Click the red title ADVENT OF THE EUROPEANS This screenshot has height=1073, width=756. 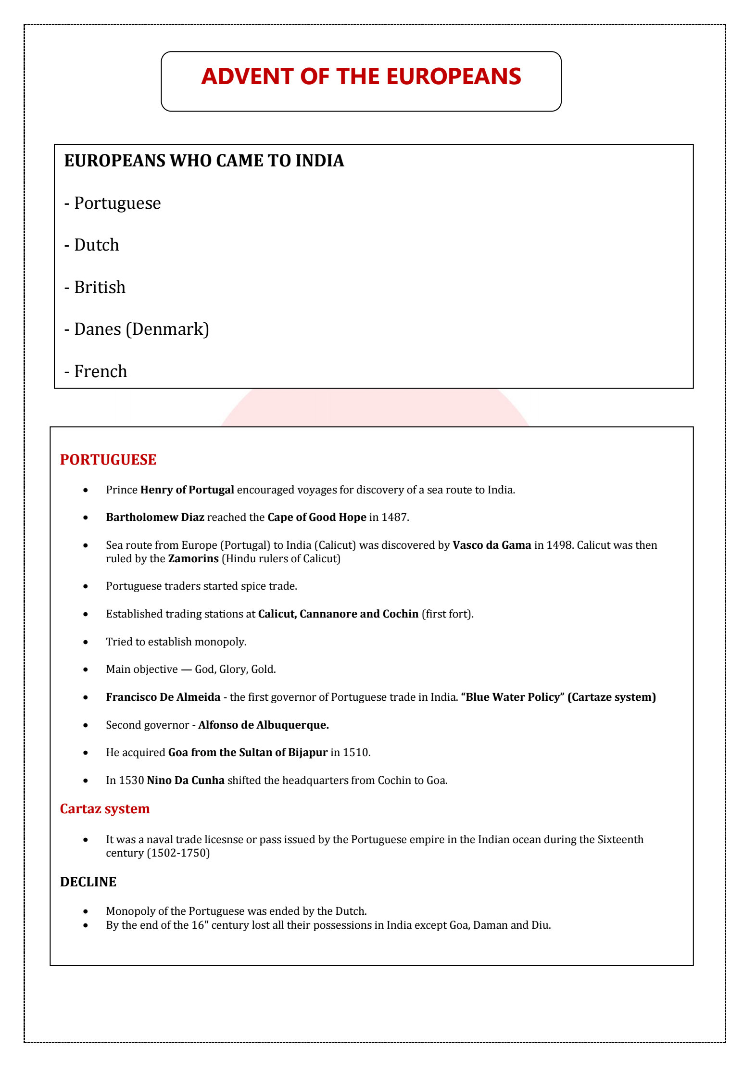(x=361, y=77)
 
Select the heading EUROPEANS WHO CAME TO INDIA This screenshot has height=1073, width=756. (x=204, y=161)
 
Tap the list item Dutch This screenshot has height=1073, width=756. (x=96, y=245)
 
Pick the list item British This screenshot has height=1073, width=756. (x=100, y=287)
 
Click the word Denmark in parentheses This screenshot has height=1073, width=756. (x=167, y=329)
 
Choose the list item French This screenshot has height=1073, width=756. (x=101, y=371)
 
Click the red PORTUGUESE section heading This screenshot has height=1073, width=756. (x=108, y=460)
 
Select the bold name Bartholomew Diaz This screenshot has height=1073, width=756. (x=155, y=518)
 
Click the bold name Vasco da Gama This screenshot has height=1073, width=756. (x=491, y=545)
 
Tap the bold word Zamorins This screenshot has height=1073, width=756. (x=193, y=559)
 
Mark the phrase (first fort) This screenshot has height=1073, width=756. (x=447, y=614)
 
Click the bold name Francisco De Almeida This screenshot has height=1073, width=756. (x=163, y=697)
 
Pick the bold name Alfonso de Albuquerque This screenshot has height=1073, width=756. (x=264, y=725)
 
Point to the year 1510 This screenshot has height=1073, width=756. (x=356, y=753)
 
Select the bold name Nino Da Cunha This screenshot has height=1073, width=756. (x=186, y=781)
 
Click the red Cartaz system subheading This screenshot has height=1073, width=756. (x=105, y=809)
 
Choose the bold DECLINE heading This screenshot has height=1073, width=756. (x=88, y=882)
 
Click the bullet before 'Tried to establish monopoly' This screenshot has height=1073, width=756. (x=86, y=642)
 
